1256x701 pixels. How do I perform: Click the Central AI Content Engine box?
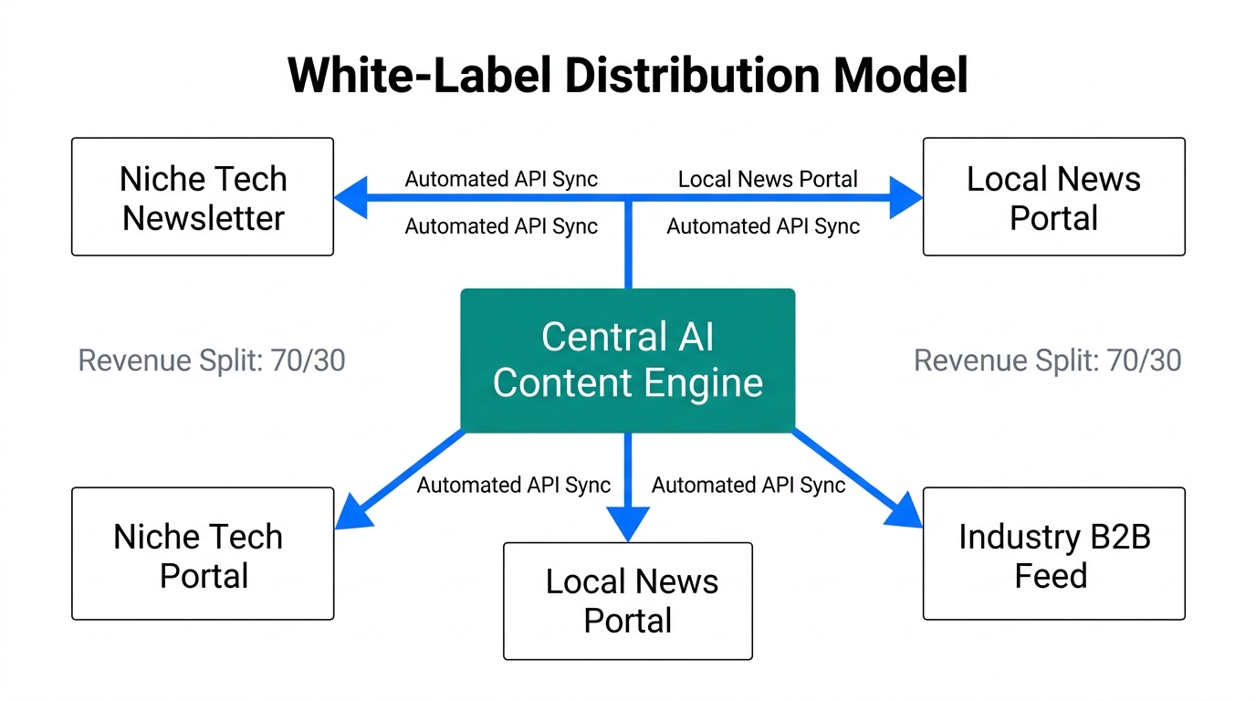(627, 360)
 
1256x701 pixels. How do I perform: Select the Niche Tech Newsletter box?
(203, 197)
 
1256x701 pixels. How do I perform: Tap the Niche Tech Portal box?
(203, 554)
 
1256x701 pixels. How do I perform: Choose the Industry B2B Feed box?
(1053, 554)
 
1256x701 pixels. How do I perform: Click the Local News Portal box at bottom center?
(627, 601)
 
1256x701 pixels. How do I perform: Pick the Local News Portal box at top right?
(1053, 197)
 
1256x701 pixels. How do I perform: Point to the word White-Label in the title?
(416, 75)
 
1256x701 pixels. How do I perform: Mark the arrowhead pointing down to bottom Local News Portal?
(627, 524)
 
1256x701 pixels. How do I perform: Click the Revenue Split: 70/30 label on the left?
(212, 361)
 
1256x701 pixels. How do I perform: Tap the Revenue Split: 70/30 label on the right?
(1047, 361)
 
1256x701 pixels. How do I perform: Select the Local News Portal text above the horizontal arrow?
(768, 180)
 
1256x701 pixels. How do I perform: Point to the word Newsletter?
(203, 218)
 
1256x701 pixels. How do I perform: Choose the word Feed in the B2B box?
(1051, 576)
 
